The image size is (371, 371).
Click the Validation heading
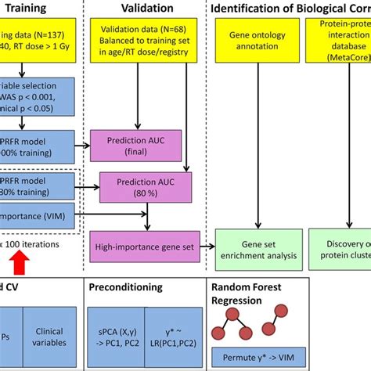coord(140,10)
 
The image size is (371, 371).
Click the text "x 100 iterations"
coord(35,244)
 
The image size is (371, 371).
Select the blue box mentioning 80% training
coord(35,188)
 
